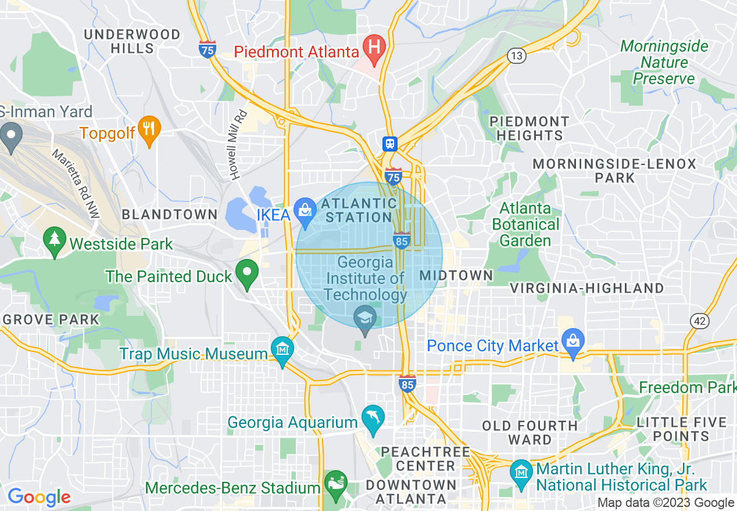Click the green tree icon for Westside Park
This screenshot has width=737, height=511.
(55, 240)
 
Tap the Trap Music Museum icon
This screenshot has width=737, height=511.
(282, 350)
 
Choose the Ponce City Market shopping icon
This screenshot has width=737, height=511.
(573, 342)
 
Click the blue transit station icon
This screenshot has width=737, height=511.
(389, 143)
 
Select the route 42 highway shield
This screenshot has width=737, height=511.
(699, 321)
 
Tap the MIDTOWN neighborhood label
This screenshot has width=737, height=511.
(456, 275)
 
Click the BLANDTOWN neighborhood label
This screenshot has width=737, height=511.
(170, 214)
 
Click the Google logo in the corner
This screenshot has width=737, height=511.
(39, 497)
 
